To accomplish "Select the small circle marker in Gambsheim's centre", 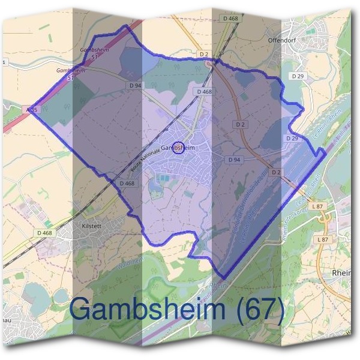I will (178, 147).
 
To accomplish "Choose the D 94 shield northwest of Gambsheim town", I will (134, 86).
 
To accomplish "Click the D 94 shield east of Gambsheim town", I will (234, 160).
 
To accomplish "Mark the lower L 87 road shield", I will (323, 239).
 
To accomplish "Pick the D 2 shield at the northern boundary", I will (203, 55).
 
